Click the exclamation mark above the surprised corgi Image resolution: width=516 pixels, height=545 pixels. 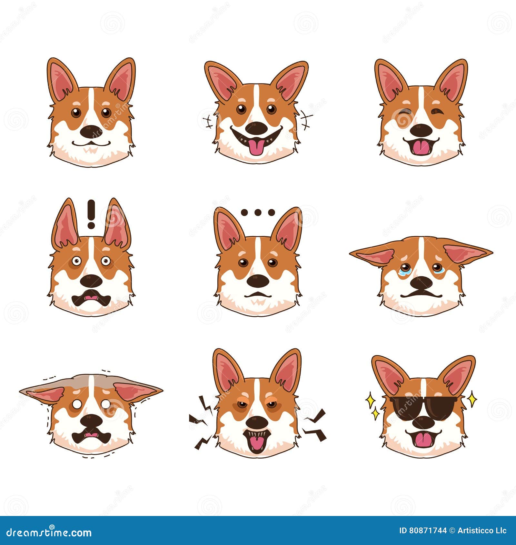coord(91,214)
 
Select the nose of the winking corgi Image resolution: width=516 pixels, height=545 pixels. coord(421,130)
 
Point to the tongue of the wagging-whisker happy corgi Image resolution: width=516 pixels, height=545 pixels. coord(256,147)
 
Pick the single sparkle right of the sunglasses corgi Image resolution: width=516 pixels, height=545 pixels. coord(472,399)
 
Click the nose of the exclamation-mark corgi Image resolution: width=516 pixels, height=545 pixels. coord(91,281)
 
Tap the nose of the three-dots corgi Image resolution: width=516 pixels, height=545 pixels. coord(258,281)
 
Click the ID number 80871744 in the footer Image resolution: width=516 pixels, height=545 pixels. coord(428,530)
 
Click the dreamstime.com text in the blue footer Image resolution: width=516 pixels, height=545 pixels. coord(49,532)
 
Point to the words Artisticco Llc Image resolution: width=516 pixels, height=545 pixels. coord(482,530)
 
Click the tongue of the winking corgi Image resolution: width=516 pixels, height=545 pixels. coord(421,148)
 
